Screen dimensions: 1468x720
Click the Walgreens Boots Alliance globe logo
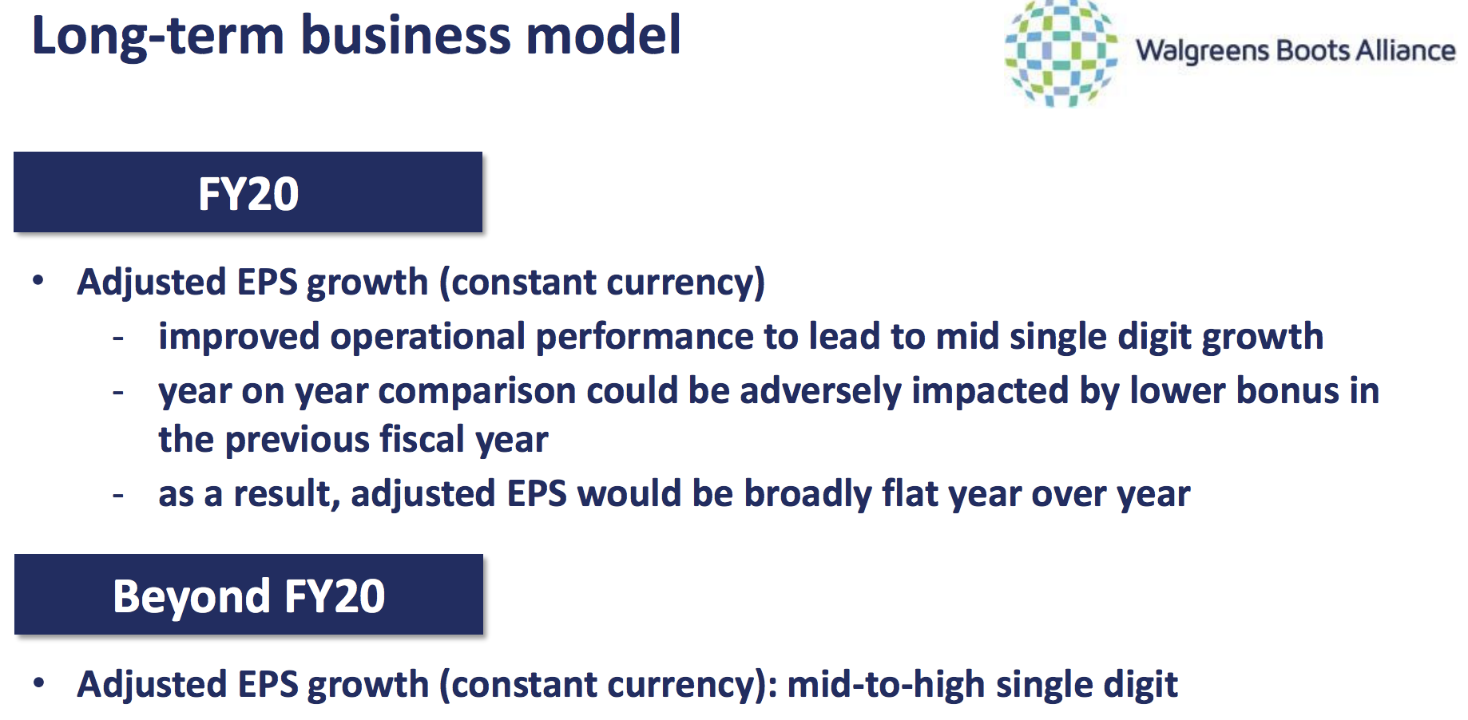tap(1061, 53)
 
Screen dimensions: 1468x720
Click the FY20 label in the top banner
tap(248, 193)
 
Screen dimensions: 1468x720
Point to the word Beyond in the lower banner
tap(192, 597)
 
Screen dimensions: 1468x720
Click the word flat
tap(908, 493)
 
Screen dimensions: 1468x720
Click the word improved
tap(239, 337)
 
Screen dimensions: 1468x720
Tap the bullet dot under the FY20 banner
tap(38, 280)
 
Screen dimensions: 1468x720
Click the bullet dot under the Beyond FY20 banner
tap(38, 682)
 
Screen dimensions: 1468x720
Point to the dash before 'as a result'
tap(118, 496)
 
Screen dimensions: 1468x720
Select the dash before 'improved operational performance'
tap(118, 338)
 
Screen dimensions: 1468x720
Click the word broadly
tap(807, 495)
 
